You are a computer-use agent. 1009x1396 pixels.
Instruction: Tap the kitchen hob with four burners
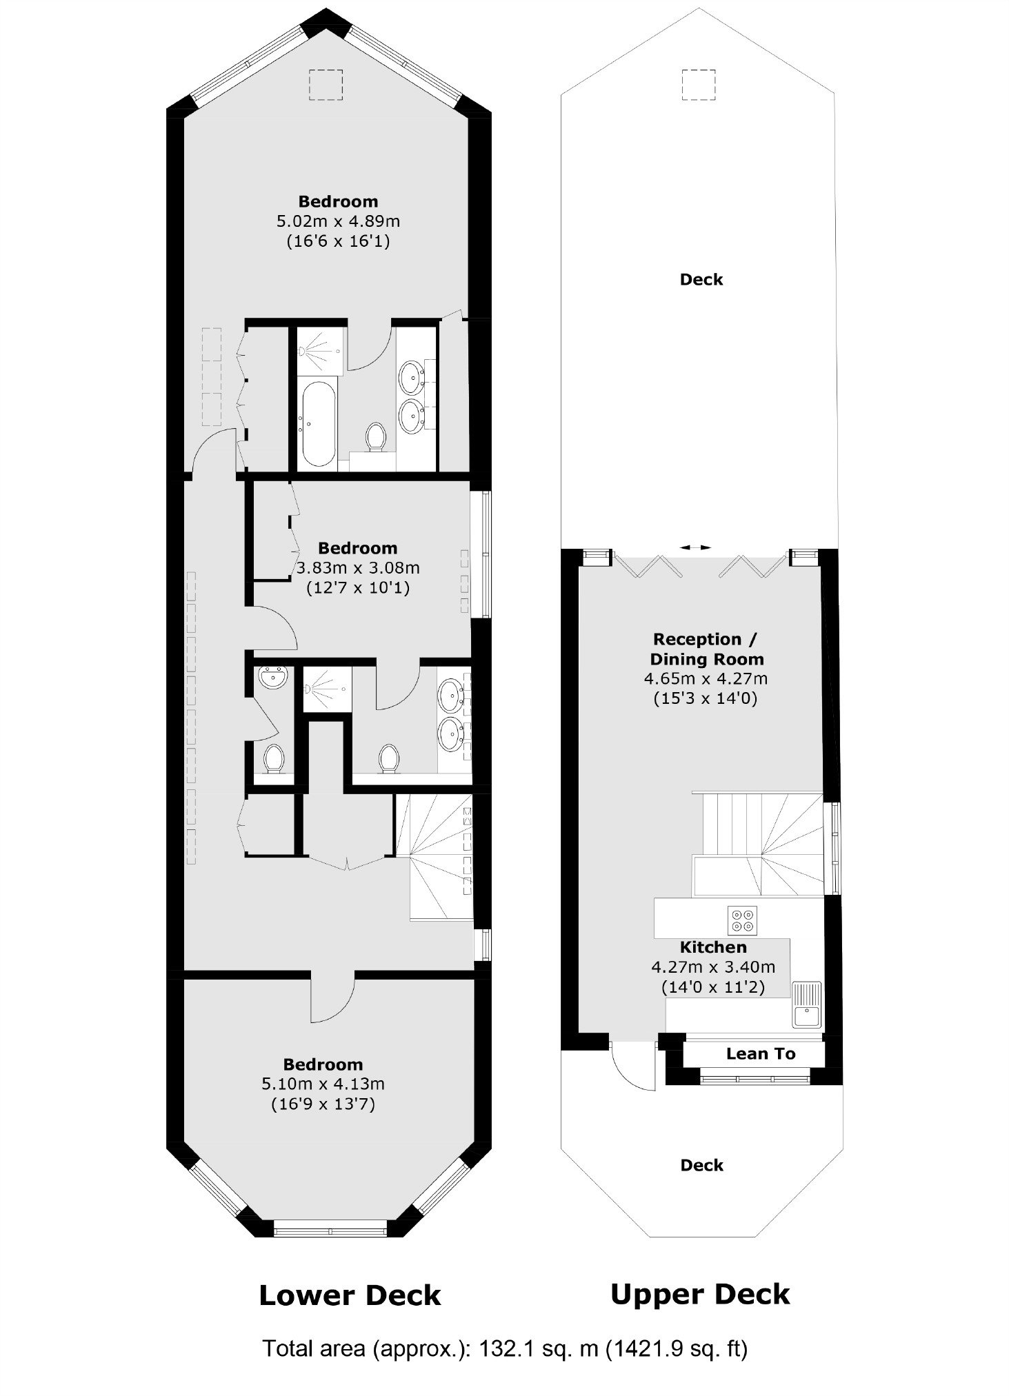click(742, 920)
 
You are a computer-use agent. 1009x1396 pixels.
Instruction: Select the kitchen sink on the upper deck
click(806, 1005)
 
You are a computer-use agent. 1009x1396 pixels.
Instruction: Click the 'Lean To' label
click(761, 1053)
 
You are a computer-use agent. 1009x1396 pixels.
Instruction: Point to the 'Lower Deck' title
click(350, 1295)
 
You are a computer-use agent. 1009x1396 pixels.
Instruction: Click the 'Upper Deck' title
click(700, 1295)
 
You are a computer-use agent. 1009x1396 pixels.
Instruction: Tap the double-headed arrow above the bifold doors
click(695, 547)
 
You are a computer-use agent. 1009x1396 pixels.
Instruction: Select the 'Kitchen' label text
click(713, 947)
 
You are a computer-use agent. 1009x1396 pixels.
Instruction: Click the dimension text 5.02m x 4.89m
click(338, 221)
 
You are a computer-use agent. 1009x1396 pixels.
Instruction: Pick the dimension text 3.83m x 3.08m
click(358, 568)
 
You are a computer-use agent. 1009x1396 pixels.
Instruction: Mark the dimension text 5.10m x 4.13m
click(323, 1084)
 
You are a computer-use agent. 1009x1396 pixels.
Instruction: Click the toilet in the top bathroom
click(376, 437)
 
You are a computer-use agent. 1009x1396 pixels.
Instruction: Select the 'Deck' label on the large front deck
click(701, 279)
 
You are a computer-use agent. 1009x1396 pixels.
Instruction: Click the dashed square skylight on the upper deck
click(699, 85)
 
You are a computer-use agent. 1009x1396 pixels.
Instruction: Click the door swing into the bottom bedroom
click(332, 998)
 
